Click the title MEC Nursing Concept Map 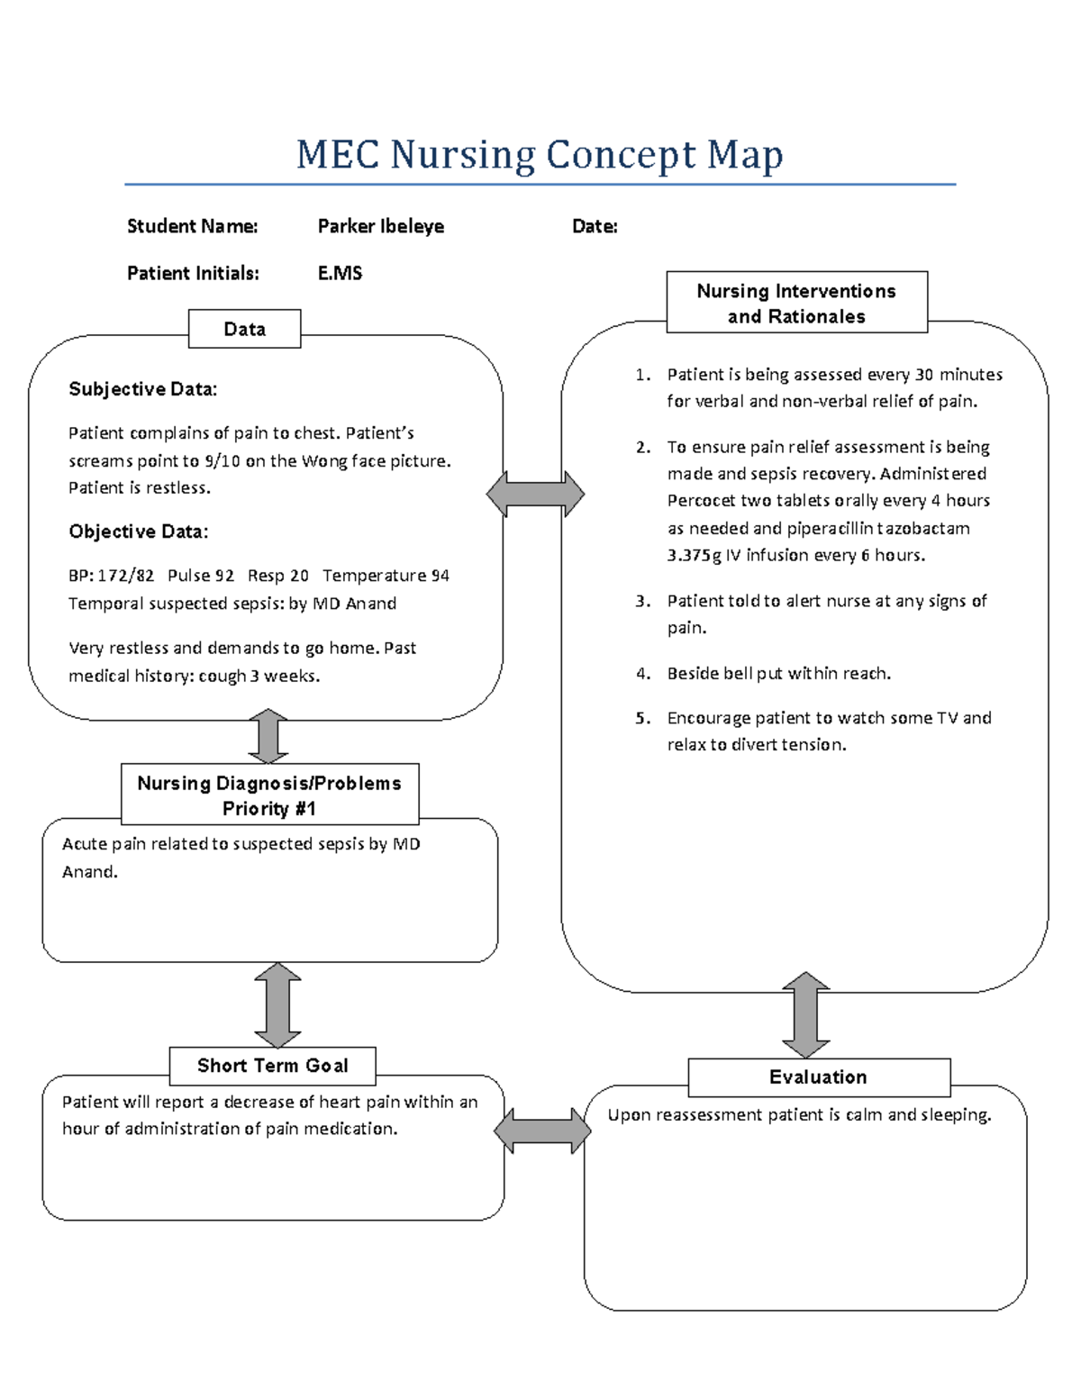[540, 155]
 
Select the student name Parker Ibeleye [380, 226]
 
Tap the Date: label [595, 226]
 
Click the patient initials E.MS [340, 273]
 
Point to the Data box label [244, 329]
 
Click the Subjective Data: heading [142, 389]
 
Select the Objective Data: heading [138, 531]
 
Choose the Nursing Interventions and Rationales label [796, 303]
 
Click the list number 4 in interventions [642, 674]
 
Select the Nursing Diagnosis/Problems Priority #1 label [269, 795]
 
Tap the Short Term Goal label [272, 1066]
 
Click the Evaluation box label [818, 1077]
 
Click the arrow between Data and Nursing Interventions [535, 494]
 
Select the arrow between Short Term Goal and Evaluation [542, 1131]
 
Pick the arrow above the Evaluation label [805, 1014]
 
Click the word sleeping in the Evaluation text [956, 1115]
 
